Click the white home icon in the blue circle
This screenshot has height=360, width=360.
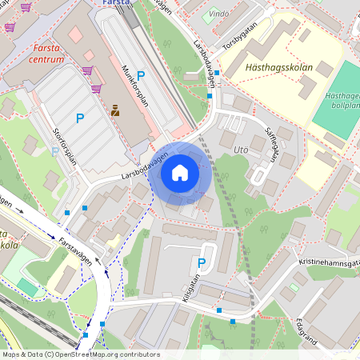[x=180, y=173]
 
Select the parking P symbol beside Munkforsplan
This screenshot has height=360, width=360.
[x=141, y=76]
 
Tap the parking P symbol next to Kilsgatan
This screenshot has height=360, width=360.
[x=202, y=262]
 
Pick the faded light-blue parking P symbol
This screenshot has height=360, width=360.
[x=55, y=150]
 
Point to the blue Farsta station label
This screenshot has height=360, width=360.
[x=118, y=3]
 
